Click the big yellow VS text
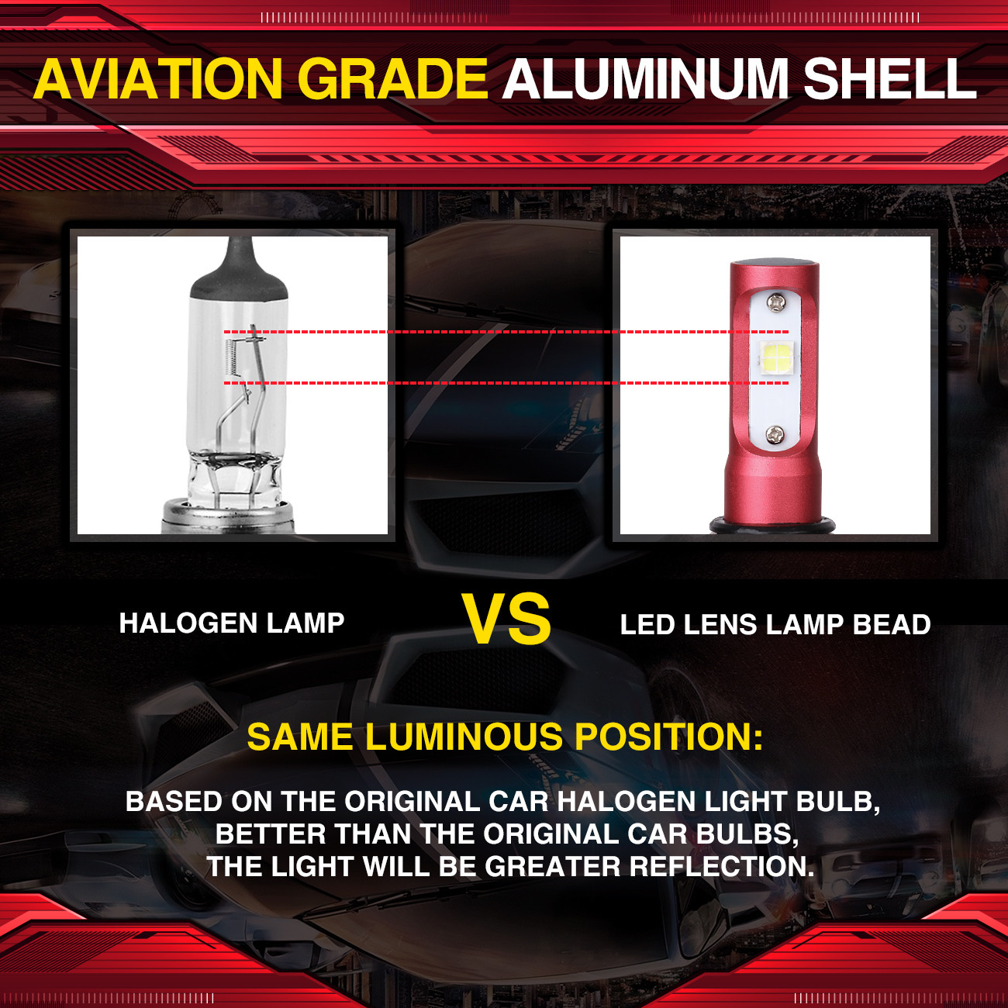click(x=506, y=619)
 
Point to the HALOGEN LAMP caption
click(x=232, y=623)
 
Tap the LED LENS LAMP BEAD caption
click(x=775, y=625)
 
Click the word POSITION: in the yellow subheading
click(x=668, y=737)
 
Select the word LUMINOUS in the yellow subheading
click(x=463, y=737)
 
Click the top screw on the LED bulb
click(x=775, y=303)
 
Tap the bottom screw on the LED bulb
click(x=775, y=434)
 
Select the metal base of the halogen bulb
click(x=228, y=517)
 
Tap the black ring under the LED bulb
click(x=772, y=525)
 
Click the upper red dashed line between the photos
click(x=506, y=332)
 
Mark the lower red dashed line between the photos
click(x=506, y=383)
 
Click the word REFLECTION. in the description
click(x=722, y=866)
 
